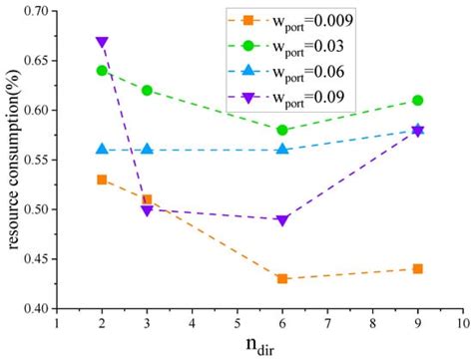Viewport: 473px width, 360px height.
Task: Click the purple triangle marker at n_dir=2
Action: (x=102, y=43)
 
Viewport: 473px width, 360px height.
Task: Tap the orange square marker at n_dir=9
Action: (x=418, y=268)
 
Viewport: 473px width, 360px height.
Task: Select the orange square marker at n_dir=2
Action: (x=102, y=180)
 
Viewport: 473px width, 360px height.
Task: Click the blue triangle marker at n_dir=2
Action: (x=102, y=149)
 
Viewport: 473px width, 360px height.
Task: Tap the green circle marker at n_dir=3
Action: (x=147, y=90)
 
